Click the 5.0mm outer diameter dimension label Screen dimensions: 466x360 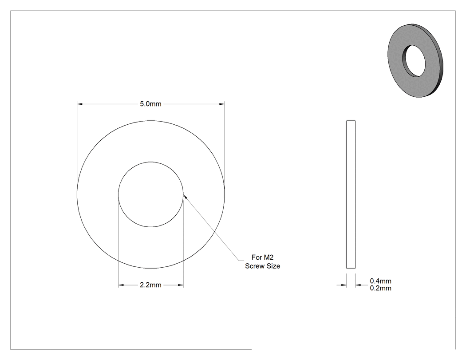tap(151, 104)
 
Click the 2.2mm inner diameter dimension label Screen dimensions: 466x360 tap(151, 285)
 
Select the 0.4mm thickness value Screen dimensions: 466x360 tap(380, 281)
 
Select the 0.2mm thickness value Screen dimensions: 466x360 tap(380, 288)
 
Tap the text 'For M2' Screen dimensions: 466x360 tap(262, 257)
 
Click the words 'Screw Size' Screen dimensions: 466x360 tap(262, 266)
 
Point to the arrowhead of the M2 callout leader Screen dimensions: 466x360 tap(185, 196)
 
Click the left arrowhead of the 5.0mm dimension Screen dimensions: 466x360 tap(79, 104)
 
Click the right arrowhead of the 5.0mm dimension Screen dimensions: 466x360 tap(222, 104)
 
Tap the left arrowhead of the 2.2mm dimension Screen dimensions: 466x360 tap(121, 285)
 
